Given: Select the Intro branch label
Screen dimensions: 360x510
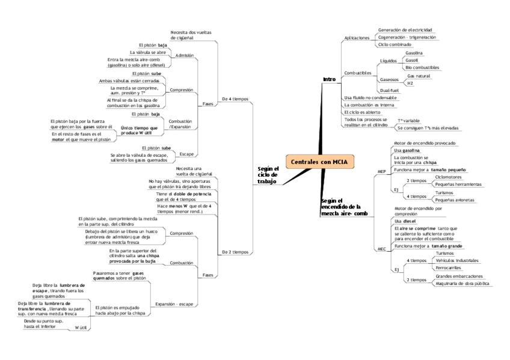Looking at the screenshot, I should click(329, 79).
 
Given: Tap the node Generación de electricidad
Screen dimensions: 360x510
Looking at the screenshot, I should click(405, 29).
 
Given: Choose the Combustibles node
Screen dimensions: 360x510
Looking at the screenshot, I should click(357, 73).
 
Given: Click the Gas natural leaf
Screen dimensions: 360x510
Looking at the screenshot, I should click(419, 76).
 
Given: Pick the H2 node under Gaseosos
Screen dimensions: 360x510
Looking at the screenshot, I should click(410, 84).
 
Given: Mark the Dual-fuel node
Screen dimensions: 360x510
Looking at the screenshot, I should click(389, 90).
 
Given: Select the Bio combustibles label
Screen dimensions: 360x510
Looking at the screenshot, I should click(422, 67).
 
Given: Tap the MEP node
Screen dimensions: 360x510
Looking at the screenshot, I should click(381, 171).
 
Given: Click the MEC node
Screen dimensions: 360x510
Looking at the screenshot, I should click(381, 249).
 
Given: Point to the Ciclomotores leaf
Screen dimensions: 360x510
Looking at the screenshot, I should click(448, 177).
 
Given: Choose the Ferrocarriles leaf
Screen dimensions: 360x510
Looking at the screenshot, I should click(448, 267).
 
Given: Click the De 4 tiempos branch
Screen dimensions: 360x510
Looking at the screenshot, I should click(235, 99).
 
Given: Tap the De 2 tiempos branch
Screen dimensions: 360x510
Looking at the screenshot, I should click(235, 252).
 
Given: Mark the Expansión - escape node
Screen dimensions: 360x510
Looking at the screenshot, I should click(174, 304).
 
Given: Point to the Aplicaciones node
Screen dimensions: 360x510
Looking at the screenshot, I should click(357, 37).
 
